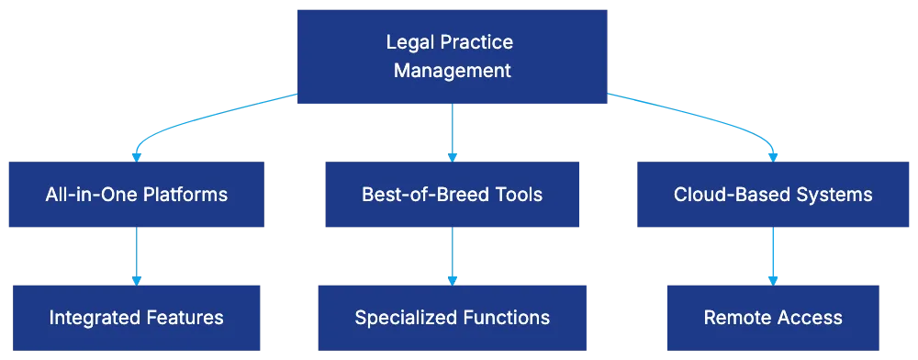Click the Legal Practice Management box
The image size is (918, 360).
[x=452, y=57]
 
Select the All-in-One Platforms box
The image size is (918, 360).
[x=136, y=195]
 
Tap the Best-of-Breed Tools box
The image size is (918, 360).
[x=452, y=195]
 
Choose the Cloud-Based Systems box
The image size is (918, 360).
[x=773, y=195]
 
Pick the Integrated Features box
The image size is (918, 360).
[x=136, y=318]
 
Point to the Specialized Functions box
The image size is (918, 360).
[x=452, y=318]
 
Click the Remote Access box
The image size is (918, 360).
[x=773, y=318]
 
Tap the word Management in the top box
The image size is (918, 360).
[x=453, y=71]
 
